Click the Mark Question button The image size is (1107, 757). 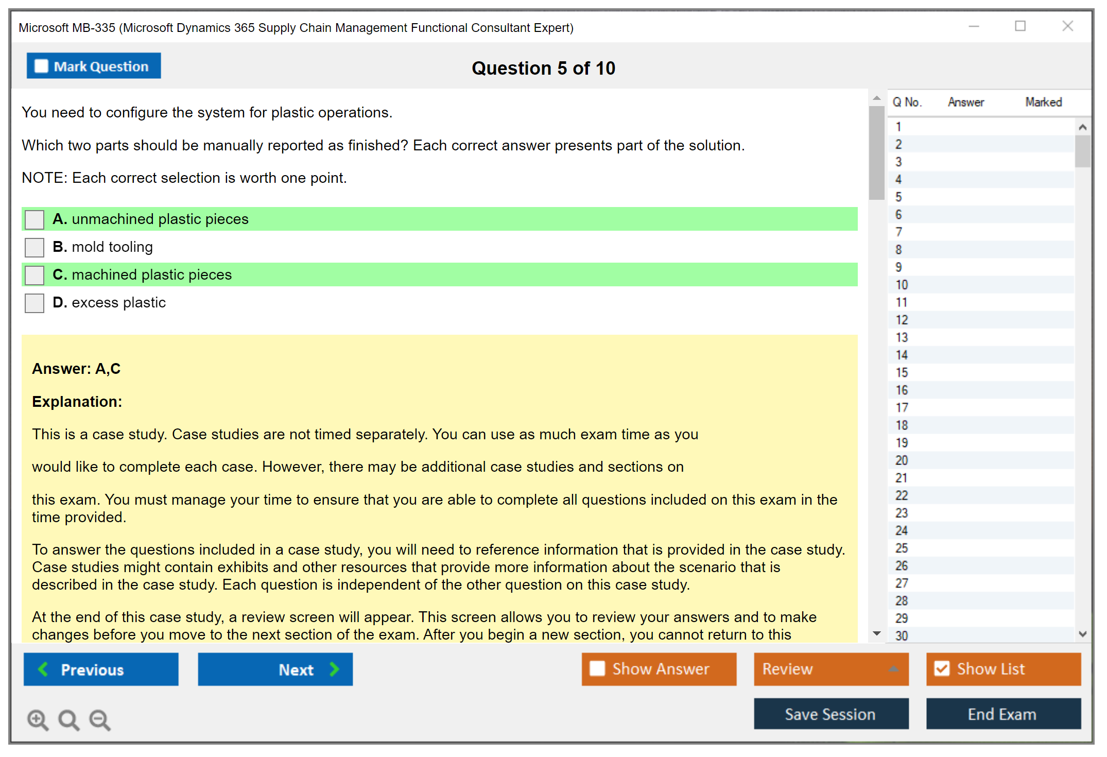tap(94, 66)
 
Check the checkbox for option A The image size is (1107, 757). tap(34, 219)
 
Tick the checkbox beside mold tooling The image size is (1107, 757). tap(34, 247)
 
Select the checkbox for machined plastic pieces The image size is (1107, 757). tap(34, 275)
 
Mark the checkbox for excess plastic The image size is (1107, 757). tap(34, 303)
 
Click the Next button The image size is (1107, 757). tap(275, 669)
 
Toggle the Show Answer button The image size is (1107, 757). tap(659, 669)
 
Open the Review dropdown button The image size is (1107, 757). tap(832, 669)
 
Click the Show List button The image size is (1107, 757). tap(1004, 669)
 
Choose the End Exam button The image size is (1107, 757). tap(1004, 714)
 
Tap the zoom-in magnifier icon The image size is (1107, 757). tap(38, 720)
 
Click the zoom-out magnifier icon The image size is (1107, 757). tap(100, 720)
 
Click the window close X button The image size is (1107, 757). tap(1068, 26)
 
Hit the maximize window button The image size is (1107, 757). tap(1020, 26)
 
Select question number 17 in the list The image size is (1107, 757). tap(902, 408)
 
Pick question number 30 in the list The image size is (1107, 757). tap(902, 636)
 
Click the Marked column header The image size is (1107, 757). tap(1044, 102)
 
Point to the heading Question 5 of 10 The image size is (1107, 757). tap(544, 68)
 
